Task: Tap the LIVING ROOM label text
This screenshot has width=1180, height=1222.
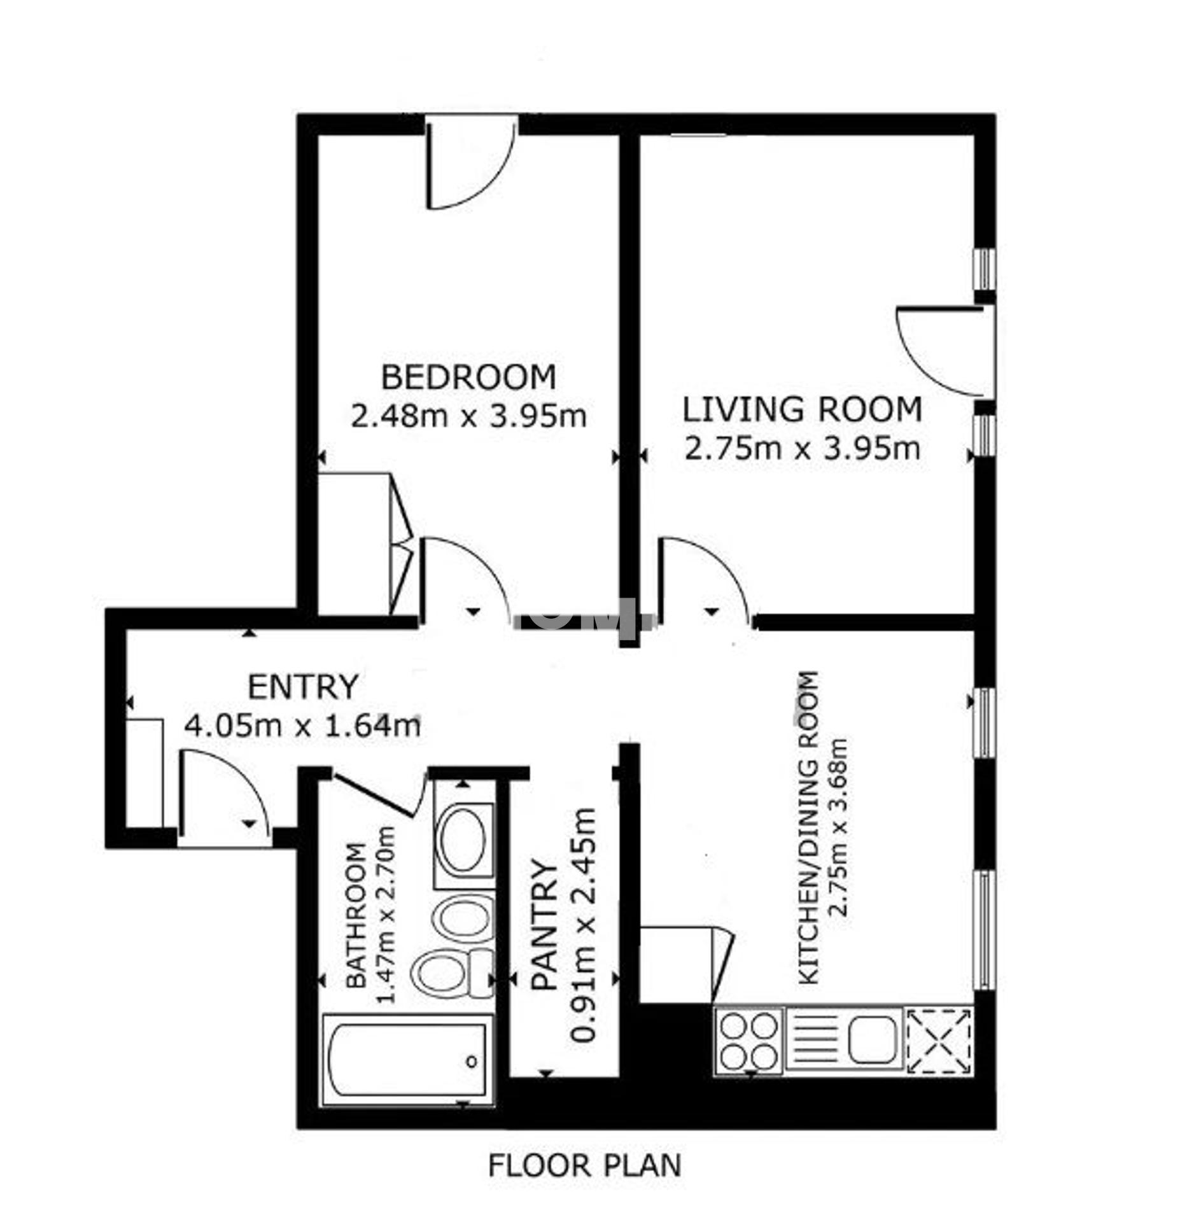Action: (x=802, y=409)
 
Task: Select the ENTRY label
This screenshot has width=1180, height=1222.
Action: (x=303, y=687)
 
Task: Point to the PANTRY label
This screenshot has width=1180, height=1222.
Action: (x=545, y=925)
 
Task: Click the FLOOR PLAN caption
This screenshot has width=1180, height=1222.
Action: (x=584, y=1165)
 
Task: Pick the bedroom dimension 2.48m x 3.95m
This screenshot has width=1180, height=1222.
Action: (x=468, y=417)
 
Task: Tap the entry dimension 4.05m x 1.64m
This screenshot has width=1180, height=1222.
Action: (x=302, y=726)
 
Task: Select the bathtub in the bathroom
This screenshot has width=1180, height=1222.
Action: (x=407, y=1060)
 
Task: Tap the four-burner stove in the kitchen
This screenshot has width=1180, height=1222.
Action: (x=748, y=1041)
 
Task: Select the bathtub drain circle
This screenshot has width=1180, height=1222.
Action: (x=472, y=1062)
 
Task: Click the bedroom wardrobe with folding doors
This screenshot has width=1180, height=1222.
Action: (x=365, y=544)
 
